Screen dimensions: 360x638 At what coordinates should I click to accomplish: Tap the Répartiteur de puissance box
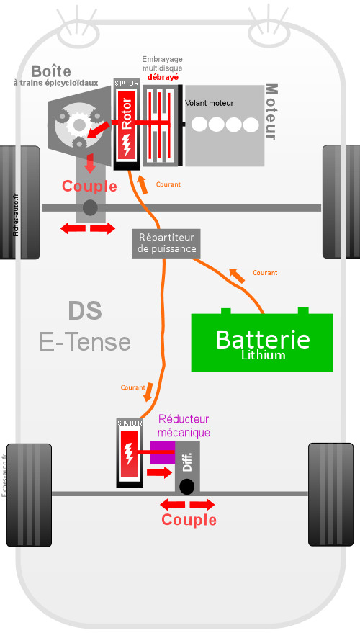pyautogui.click(x=166, y=243)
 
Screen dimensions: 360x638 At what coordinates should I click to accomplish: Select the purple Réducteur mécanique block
pyautogui.click(x=162, y=452)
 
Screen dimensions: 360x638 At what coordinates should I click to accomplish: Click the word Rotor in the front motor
pyautogui.click(x=127, y=114)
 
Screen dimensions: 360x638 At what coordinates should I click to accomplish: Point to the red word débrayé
pyautogui.click(x=163, y=77)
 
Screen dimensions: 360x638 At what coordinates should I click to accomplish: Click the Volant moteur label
pyautogui.click(x=209, y=104)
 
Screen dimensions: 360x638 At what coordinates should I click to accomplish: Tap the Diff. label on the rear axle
pyautogui.click(x=187, y=462)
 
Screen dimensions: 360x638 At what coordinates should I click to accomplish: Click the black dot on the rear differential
pyautogui.click(x=186, y=487)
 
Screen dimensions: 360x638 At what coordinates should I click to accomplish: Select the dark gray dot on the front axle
pyautogui.click(x=90, y=208)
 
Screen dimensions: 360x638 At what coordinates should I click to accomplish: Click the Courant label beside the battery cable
pyautogui.click(x=265, y=273)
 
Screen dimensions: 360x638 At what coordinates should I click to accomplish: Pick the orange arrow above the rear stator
pyautogui.click(x=149, y=392)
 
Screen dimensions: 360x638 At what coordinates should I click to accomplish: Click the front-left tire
pyautogui.click(x=20, y=202)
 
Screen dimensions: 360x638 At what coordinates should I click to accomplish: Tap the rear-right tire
pyautogui.click(x=330, y=495)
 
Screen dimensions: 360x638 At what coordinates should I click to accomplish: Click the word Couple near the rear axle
pyautogui.click(x=189, y=520)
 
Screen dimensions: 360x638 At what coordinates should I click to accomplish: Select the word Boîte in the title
pyautogui.click(x=51, y=71)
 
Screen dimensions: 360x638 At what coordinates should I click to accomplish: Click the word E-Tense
pyautogui.click(x=85, y=342)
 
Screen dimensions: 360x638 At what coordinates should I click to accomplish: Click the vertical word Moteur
pyautogui.click(x=271, y=112)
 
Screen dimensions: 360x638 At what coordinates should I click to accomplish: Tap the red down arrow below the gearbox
pyautogui.click(x=90, y=163)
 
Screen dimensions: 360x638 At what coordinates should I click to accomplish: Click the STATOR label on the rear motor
pyautogui.click(x=130, y=423)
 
